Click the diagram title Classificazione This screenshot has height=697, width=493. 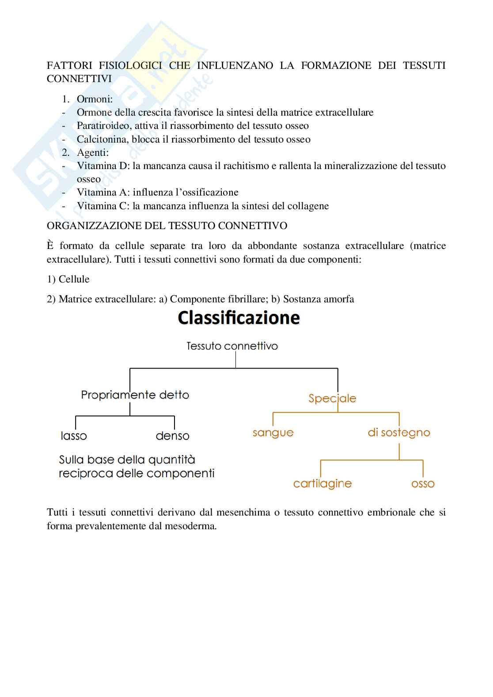tap(239, 318)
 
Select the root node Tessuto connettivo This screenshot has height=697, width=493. tap(232, 346)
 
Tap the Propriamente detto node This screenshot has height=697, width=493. tap(135, 395)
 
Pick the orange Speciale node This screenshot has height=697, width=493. tap(332, 398)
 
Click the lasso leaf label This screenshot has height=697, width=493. tap(74, 436)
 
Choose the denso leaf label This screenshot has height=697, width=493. tap(172, 436)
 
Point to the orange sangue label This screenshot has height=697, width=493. tap(273, 433)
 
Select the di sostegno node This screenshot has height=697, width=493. tap(398, 433)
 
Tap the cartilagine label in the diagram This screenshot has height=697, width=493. tap(322, 484)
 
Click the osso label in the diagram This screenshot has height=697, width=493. tap(423, 484)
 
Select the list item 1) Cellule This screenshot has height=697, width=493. tap(68, 279)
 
